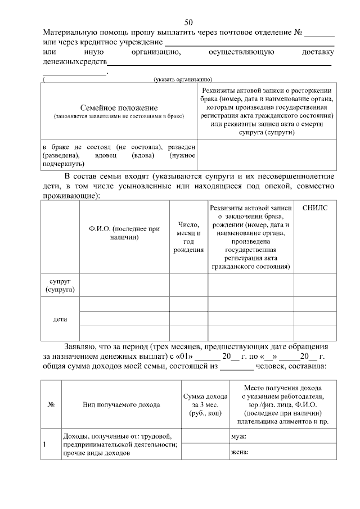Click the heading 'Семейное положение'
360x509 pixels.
(119, 107)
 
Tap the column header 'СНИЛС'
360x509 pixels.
(314, 208)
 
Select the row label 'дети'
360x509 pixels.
(60, 319)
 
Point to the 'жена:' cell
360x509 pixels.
(240, 452)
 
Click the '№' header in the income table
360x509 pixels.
(51, 404)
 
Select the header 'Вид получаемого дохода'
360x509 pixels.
(121, 404)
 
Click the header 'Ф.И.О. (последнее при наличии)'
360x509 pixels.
(124, 233)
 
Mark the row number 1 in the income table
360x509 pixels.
(45, 444)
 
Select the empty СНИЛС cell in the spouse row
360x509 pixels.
(314, 285)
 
